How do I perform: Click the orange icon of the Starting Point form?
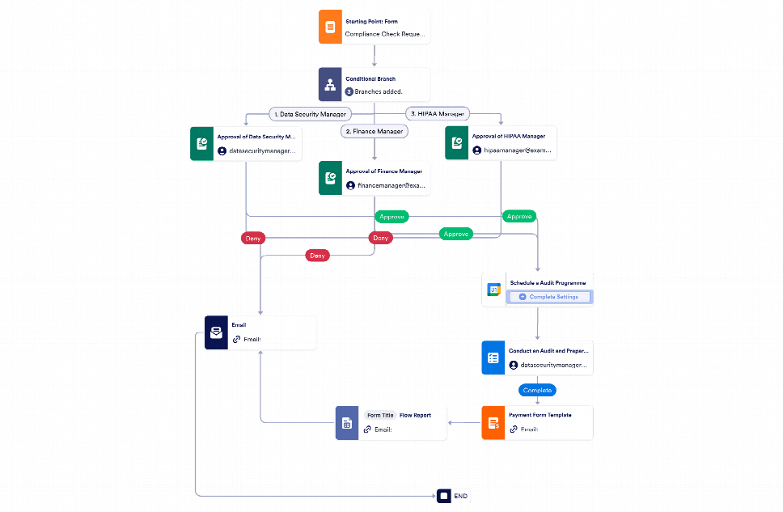(329, 27)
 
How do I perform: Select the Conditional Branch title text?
(370, 79)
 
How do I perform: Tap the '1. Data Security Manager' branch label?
(310, 114)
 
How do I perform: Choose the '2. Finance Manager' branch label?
(374, 130)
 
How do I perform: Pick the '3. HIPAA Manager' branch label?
(437, 114)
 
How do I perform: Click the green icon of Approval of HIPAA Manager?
(456, 143)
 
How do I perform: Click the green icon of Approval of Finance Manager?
(329, 178)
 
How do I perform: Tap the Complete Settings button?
(549, 297)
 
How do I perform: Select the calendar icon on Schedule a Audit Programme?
(493, 290)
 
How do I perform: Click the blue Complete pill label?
(537, 390)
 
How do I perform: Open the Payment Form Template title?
(540, 415)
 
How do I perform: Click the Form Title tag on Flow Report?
(379, 415)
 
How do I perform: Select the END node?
(454, 496)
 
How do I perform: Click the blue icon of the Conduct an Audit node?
(493, 358)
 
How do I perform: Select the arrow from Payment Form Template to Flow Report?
(464, 423)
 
